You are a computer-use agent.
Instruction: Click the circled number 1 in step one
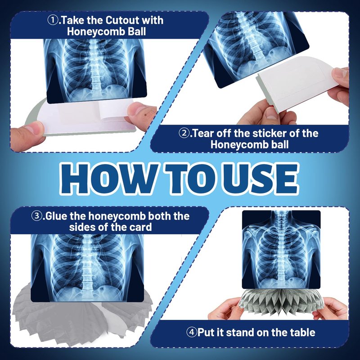point(53,20)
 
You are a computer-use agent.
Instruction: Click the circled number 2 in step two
point(184,133)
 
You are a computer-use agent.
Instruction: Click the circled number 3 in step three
point(37,216)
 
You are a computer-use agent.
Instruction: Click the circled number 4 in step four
point(192,332)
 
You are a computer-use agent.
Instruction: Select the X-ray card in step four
point(281,250)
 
